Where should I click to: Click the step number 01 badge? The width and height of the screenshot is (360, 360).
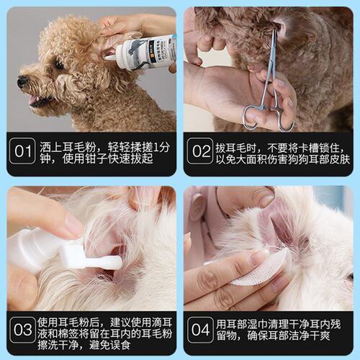pos(23,152)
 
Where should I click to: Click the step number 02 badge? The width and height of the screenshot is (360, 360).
pos(199,152)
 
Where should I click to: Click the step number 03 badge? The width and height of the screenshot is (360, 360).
pos(23,330)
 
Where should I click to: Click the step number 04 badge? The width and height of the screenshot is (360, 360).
pos(199,330)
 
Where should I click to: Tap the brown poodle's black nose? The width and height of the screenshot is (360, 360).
pos(22,80)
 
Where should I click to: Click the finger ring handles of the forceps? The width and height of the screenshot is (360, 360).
pos(266,115)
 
